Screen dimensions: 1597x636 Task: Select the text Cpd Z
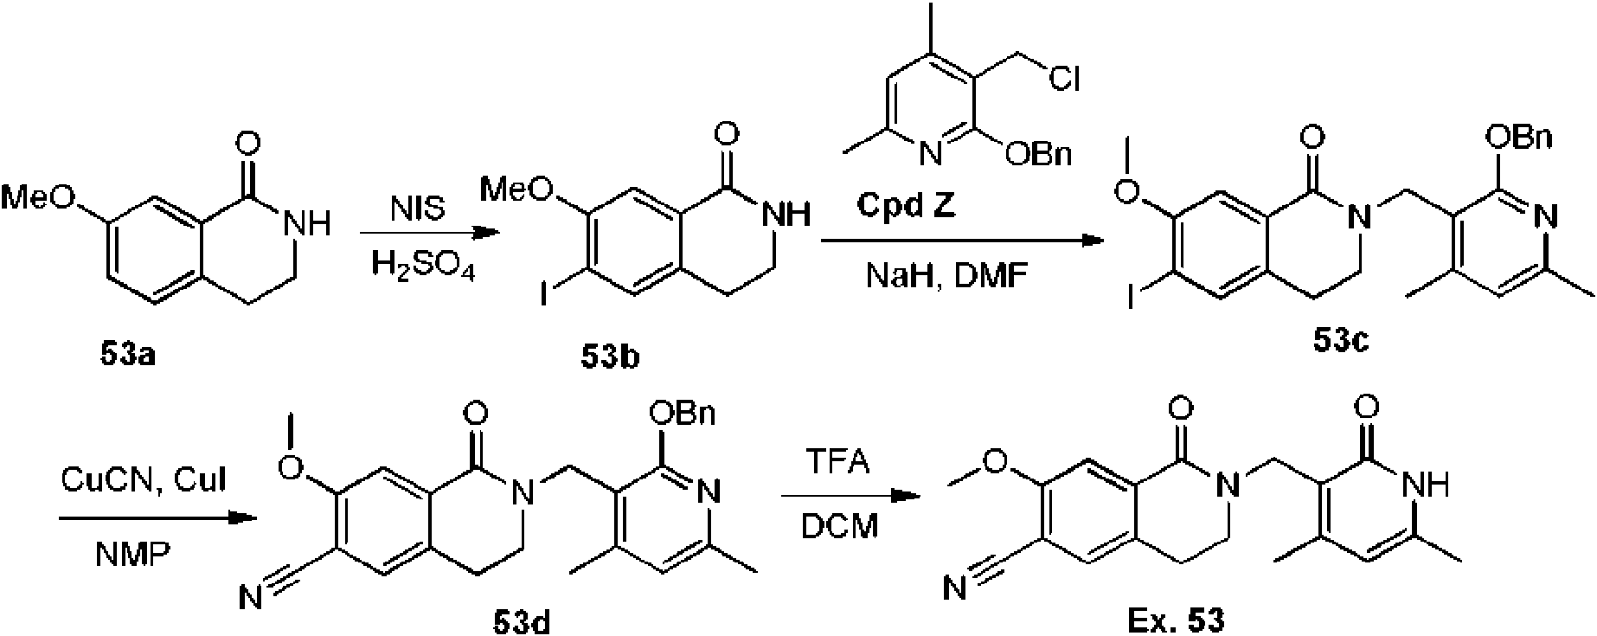[x=906, y=207]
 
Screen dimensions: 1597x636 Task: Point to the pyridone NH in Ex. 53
[x=1427, y=486]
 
